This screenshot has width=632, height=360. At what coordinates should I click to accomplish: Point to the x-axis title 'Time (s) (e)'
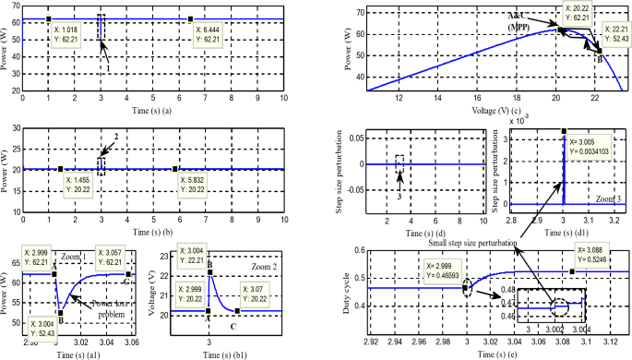tap(496, 352)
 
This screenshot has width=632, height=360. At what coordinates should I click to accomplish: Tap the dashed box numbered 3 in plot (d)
tap(399, 163)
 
